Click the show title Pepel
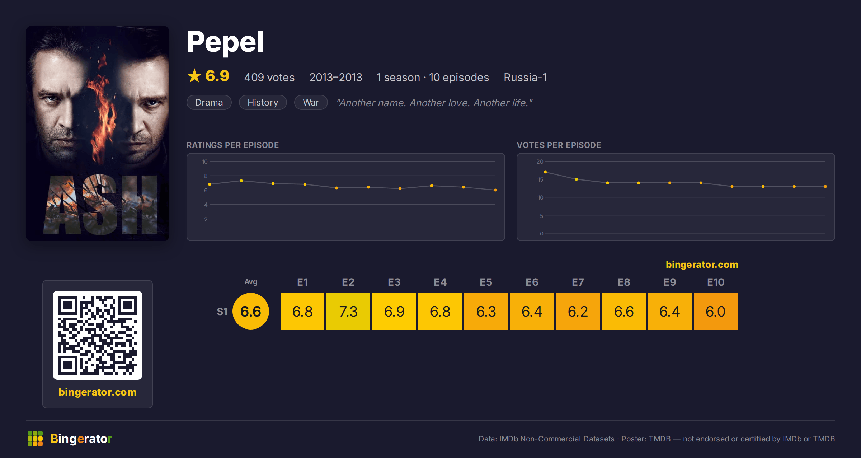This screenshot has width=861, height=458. pyautogui.click(x=225, y=42)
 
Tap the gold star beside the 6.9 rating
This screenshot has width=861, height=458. pyautogui.click(x=194, y=76)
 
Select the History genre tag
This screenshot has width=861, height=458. pyautogui.click(x=263, y=102)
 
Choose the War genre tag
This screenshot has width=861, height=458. pyautogui.click(x=311, y=102)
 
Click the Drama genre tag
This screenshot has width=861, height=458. pyautogui.click(x=209, y=102)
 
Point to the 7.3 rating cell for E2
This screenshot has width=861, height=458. pyautogui.click(x=348, y=311)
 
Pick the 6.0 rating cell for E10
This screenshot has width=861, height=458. pyautogui.click(x=716, y=311)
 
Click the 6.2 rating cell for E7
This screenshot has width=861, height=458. pyautogui.click(x=578, y=311)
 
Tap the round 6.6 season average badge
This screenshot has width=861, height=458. pyautogui.click(x=251, y=311)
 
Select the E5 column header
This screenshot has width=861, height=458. pyautogui.click(x=486, y=282)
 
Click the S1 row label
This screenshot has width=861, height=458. pyautogui.click(x=222, y=312)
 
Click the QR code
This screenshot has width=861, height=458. pyautogui.click(x=98, y=335)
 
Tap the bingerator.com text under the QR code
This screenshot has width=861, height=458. pyautogui.click(x=98, y=392)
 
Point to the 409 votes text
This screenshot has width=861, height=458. pyautogui.click(x=269, y=77)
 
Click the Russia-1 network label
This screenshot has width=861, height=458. pyautogui.click(x=525, y=77)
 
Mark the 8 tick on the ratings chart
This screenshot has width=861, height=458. pyautogui.click(x=206, y=176)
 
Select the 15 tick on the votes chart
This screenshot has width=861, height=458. pyautogui.click(x=540, y=179)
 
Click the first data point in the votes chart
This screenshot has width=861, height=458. pyautogui.click(x=545, y=172)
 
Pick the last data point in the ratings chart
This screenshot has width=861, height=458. pyautogui.click(x=495, y=190)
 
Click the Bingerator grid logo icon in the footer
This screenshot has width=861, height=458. pyautogui.click(x=35, y=439)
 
